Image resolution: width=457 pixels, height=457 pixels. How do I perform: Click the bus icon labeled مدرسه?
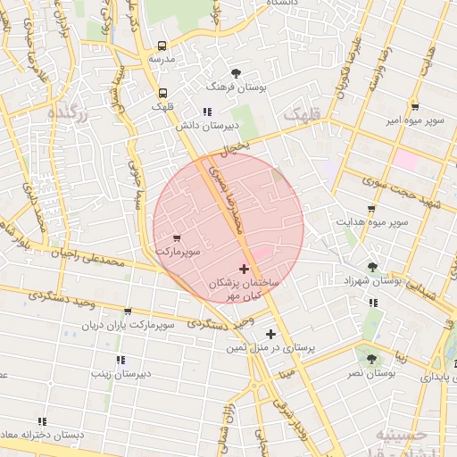[162, 46]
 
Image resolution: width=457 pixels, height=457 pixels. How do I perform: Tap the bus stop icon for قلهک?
[162, 93]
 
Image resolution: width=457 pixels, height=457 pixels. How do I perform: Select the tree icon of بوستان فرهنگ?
[236, 73]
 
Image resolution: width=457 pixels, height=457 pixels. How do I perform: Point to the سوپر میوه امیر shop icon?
[415, 106]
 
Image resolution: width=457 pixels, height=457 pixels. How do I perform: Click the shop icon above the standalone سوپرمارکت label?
[176, 238]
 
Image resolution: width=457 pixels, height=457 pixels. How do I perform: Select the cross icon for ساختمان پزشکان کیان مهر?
[245, 269]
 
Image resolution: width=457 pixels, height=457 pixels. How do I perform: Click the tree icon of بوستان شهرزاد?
[372, 266]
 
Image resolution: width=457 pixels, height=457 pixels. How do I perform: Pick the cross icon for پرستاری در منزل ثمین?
[270, 334]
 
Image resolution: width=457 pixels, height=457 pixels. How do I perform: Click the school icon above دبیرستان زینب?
[120, 360]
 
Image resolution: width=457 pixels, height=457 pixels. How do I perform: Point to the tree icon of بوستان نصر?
[371, 359]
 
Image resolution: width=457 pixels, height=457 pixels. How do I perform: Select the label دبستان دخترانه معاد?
[39, 435]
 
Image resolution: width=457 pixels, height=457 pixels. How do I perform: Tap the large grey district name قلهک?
[300, 115]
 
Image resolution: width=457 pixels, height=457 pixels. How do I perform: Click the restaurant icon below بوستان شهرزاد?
[372, 303]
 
